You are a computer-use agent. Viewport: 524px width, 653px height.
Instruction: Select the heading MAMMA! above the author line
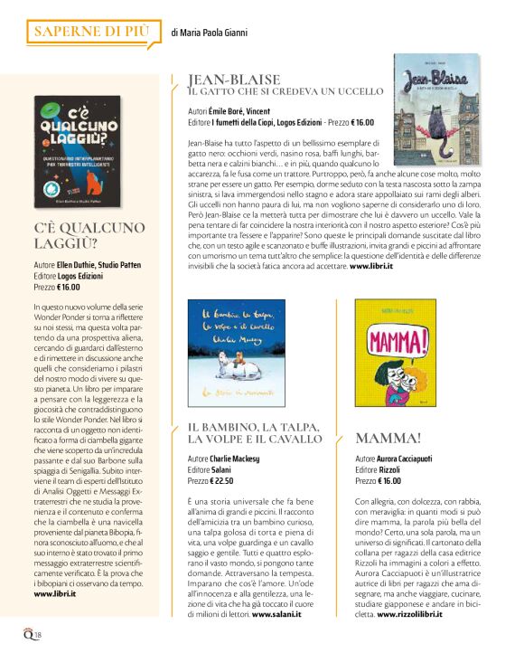tap(387, 439)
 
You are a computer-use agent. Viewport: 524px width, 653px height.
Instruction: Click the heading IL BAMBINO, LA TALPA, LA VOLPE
tap(256, 432)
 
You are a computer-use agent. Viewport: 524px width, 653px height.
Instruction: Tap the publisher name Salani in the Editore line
tap(222, 469)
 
